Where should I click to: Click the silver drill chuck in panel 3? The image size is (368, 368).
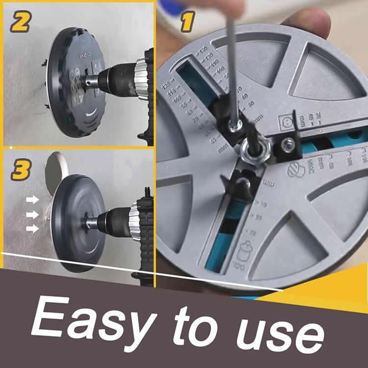pyautogui.click(x=134, y=216)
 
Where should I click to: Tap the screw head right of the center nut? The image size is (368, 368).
pyautogui.click(x=289, y=144)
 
